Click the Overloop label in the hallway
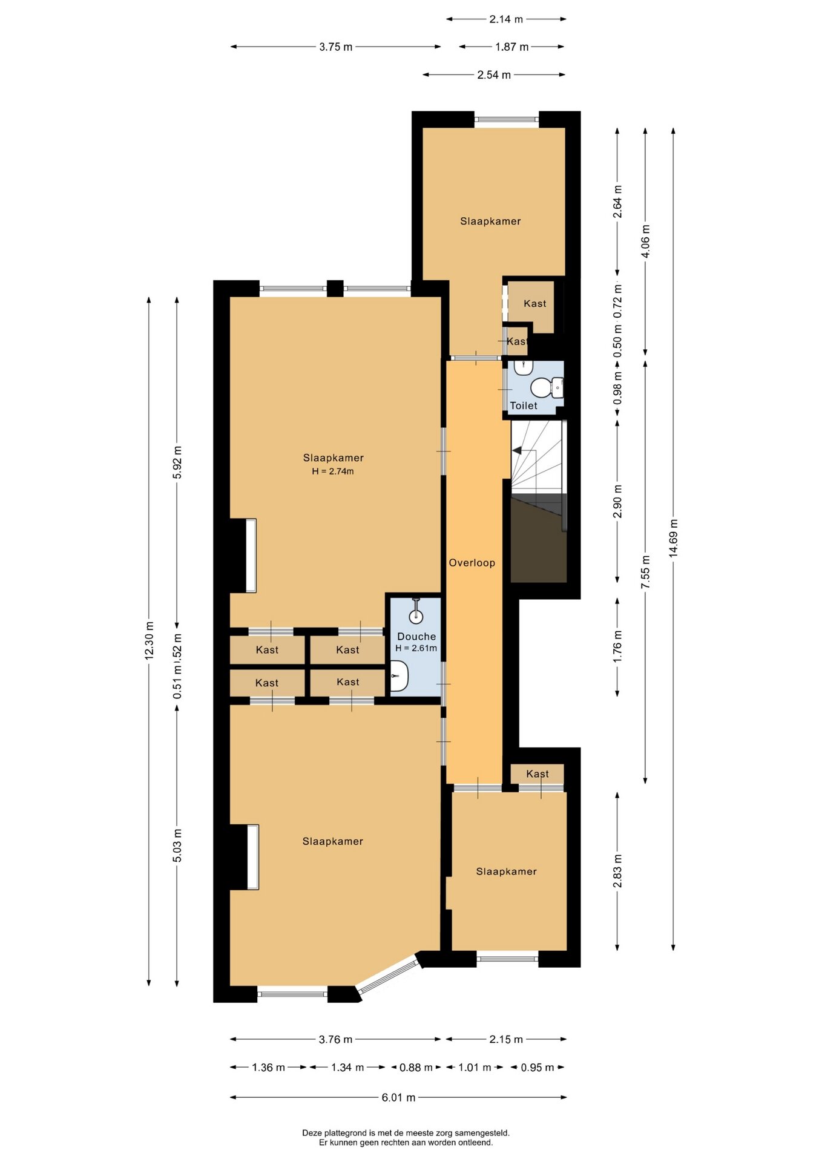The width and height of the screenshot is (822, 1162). coord(472,563)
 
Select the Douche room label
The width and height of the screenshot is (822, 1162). coord(416,637)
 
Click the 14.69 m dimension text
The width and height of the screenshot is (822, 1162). coord(673,539)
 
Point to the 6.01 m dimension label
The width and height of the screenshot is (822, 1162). coord(398,1097)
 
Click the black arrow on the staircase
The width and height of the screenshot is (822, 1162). coord(517,451)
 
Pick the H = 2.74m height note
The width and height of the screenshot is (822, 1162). coord(333,471)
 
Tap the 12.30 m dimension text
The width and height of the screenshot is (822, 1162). coord(149,640)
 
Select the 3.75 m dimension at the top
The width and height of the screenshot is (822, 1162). coord(335,47)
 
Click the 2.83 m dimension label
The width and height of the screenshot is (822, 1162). coord(617,871)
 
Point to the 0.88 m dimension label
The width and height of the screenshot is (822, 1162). coord(416,1068)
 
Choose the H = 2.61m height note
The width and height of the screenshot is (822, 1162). coord(416,648)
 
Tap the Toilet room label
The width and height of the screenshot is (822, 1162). coord(524,406)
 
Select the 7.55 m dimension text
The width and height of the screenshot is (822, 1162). coord(645,572)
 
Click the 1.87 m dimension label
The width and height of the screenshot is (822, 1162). coord(512,47)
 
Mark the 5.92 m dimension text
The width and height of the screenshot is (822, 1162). coord(177,462)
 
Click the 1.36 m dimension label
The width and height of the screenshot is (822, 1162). coord(268,1068)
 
